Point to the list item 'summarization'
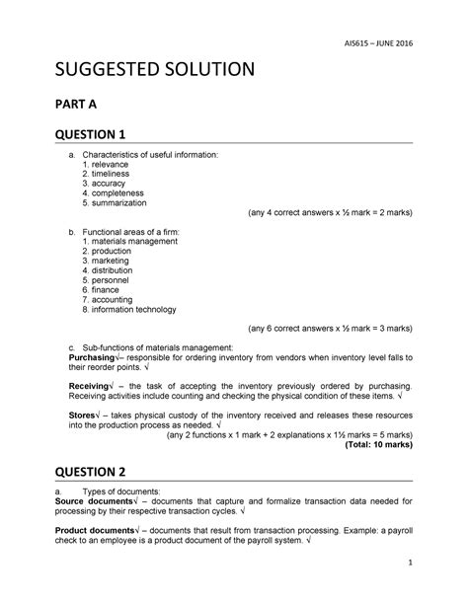tap(124, 202)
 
